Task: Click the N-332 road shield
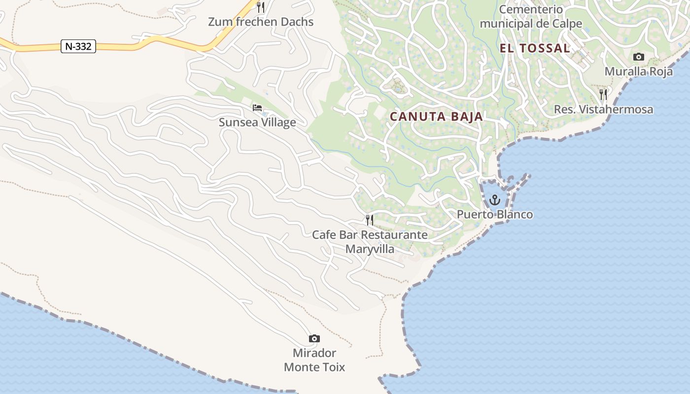[78, 46]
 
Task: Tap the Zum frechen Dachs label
[261, 22]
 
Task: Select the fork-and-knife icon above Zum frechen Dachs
[261, 7]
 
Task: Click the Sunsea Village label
[257, 122]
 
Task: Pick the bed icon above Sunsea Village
[257, 108]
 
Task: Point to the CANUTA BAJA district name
[436, 117]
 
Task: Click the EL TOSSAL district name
[535, 48]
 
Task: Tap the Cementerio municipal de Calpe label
[531, 16]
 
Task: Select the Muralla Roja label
[638, 71]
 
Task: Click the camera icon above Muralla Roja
[638, 57]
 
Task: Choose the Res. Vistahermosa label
[603, 109]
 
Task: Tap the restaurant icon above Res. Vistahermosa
[603, 94]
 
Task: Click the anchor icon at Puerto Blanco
[495, 200]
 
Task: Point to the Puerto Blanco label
[495, 215]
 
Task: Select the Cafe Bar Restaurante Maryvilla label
[370, 241]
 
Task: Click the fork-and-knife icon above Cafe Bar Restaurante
[370, 220]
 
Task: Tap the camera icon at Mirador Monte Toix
[314, 338]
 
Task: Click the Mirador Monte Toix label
[314, 360]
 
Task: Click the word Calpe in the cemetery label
[567, 24]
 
